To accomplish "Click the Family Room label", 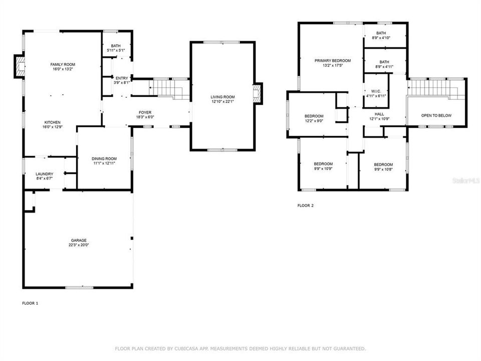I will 63,65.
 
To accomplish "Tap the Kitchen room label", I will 53,122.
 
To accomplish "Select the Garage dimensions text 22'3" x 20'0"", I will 79,245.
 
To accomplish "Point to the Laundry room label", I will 44,174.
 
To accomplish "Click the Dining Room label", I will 104,158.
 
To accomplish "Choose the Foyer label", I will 145,112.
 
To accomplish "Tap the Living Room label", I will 222,97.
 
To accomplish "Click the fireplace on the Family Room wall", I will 20,67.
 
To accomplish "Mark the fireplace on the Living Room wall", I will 258,93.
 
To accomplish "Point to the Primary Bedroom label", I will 333,61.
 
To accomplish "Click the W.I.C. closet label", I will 376,91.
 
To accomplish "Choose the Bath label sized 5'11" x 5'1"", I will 116,46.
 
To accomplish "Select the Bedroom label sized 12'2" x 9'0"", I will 314,116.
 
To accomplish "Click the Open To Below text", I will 436,116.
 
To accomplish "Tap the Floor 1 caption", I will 30,303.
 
